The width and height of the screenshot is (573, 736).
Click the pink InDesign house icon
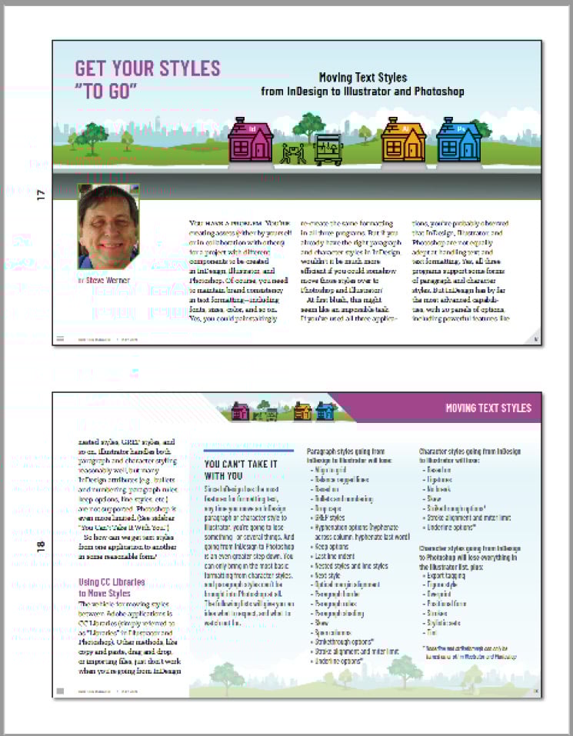(250, 141)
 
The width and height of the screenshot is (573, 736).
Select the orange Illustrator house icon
(403, 141)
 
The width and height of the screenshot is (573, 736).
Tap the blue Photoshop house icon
(458, 141)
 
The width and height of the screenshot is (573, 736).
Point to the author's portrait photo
(108, 227)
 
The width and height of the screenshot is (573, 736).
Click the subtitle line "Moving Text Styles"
(363, 78)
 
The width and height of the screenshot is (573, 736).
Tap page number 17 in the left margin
(41, 195)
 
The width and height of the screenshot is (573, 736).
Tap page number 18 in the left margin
(41, 547)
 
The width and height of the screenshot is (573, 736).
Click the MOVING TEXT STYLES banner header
(488, 408)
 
